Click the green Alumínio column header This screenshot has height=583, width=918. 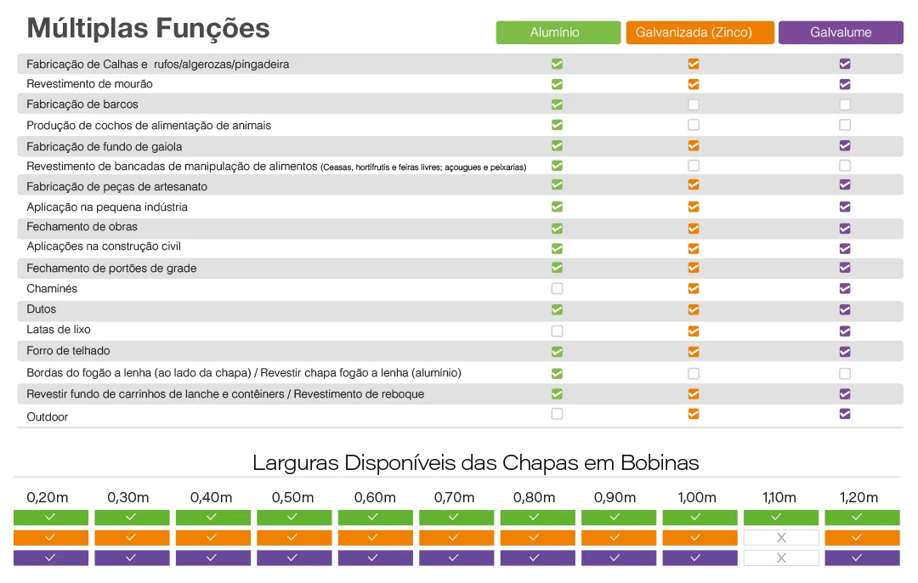point(558,32)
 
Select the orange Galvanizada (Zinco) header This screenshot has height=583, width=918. point(700,32)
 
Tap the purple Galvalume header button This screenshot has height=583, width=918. point(841,32)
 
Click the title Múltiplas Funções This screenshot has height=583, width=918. point(148,28)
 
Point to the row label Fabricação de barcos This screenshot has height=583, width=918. point(82,105)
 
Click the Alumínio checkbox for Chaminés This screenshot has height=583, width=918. point(558,289)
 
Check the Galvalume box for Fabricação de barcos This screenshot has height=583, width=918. point(845,105)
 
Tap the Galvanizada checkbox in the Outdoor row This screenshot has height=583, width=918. point(694,414)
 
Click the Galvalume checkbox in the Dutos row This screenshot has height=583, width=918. point(845,309)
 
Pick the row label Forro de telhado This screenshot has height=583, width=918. point(68,351)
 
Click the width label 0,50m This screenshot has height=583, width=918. point(292,497)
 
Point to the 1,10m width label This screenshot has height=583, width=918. point(779,497)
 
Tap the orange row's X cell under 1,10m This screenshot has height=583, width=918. point(781,538)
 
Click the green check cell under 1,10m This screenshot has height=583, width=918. point(781,518)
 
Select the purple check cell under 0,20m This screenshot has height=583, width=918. point(50,558)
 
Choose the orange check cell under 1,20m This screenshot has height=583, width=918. point(862,538)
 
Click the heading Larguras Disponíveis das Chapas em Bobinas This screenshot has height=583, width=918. point(475,463)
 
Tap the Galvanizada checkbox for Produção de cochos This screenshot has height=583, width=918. point(694,125)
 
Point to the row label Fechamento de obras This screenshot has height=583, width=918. point(82,227)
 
